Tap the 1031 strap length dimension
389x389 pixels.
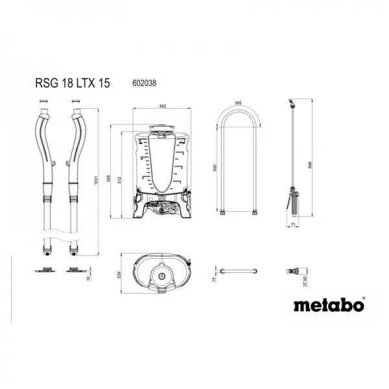(96, 178)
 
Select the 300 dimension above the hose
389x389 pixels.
(237, 103)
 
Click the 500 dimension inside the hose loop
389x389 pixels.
(215, 167)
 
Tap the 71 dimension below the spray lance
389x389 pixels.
(292, 224)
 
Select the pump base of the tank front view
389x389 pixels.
(162, 209)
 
